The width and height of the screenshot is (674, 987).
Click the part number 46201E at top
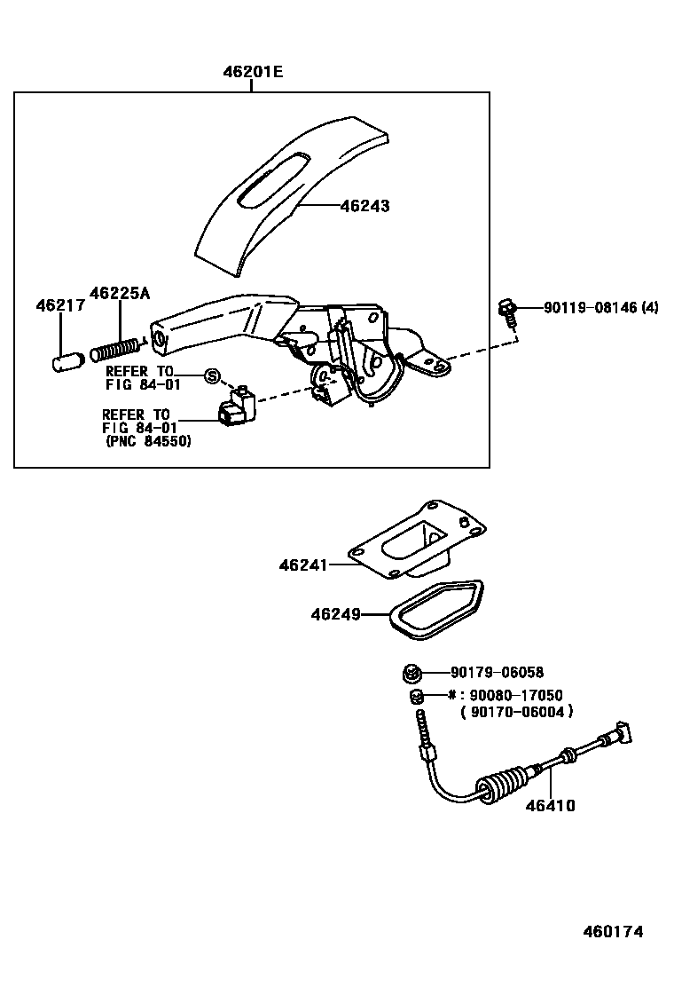tap(253, 73)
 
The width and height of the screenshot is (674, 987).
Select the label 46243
tap(364, 206)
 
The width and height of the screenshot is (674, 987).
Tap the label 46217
tap(60, 306)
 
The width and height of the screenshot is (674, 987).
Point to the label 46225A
tap(119, 292)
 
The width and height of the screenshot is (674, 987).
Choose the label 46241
tap(303, 565)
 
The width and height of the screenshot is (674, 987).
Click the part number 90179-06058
tap(497, 673)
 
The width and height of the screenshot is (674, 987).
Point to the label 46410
tap(550, 806)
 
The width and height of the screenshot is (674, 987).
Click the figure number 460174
tap(613, 931)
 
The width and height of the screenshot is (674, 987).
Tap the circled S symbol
tap(212, 375)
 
